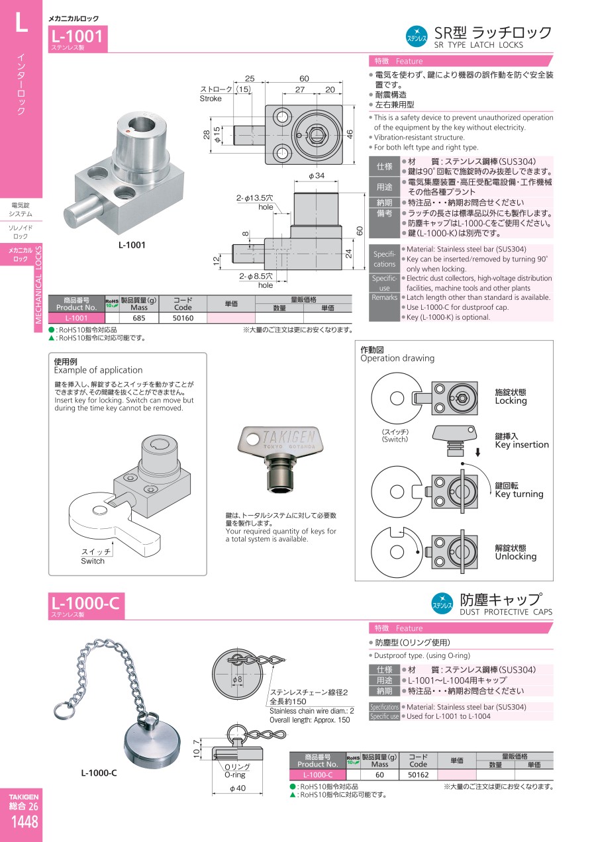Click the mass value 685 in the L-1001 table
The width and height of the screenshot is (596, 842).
point(139,318)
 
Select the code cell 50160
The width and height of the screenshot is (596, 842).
point(183,318)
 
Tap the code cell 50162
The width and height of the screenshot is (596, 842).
point(418,774)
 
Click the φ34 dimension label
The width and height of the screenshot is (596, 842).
point(317,175)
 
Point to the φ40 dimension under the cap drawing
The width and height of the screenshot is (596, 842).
point(237,788)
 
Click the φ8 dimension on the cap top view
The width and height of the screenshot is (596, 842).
point(237,679)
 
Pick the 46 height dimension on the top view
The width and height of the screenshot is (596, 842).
point(350,134)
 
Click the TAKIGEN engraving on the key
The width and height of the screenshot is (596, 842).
point(289,437)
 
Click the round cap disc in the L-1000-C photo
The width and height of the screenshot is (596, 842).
point(152,745)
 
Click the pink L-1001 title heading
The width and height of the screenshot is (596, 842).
point(77,36)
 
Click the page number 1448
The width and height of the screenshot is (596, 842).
point(25,822)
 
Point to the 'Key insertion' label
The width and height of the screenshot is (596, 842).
point(522,445)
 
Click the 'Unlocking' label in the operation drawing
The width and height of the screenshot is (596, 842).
point(515,556)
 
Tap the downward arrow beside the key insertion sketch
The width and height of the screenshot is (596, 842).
point(477,452)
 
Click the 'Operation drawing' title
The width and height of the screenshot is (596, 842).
point(397,358)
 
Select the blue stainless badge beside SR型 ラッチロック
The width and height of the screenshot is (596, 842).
point(417,36)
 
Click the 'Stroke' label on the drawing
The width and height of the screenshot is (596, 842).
point(211,99)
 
